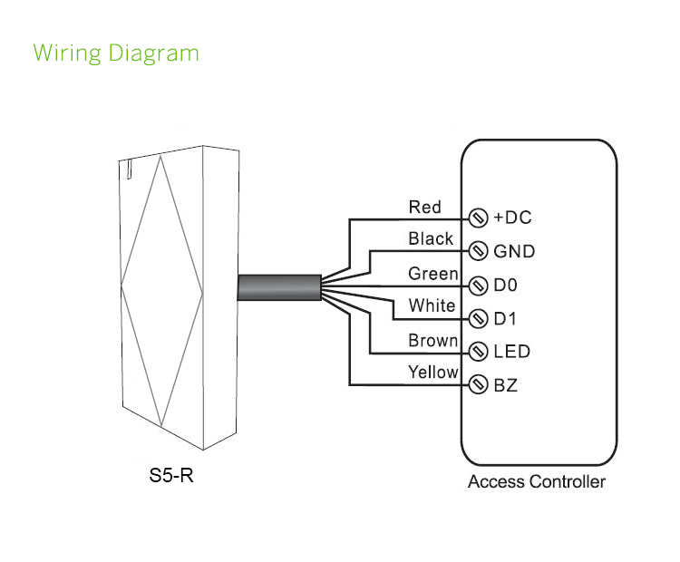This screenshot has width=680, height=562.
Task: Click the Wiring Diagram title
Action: [x=115, y=53]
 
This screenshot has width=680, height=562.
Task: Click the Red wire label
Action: [x=424, y=207]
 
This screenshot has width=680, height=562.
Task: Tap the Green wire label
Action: [x=432, y=273]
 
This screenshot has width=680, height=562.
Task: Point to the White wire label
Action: [x=432, y=305]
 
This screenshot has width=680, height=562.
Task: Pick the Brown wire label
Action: [x=432, y=341]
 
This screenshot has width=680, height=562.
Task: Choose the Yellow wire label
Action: [x=432, y=372]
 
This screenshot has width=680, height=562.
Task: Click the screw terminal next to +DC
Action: [x=478, y=218]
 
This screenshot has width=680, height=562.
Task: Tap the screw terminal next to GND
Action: [x=478, y=251]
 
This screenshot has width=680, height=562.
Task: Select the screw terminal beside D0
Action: [x=478, y=285]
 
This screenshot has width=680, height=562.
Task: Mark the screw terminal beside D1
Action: [x=478, y=318]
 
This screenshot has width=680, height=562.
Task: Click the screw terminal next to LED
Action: [x=478, y=352]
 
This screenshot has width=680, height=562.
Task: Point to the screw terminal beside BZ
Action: [x=478, y=385]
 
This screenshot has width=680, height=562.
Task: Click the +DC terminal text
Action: [x=512, y=218]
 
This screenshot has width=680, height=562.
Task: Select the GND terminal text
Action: [x=514, y=251]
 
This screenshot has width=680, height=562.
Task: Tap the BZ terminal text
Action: [x=506, y=385]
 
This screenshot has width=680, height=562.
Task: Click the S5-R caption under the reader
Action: [x=171, y=475]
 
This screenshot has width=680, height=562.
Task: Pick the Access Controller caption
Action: [x=537, y=481]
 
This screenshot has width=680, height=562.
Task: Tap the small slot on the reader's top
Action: [x=130, y=167]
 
